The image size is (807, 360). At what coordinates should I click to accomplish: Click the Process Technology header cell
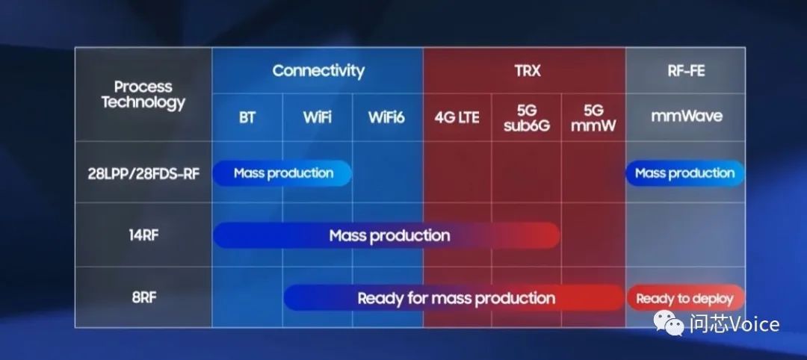pos(143,95)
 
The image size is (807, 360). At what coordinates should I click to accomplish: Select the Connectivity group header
pos(318,70)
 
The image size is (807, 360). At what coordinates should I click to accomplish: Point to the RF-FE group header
pos(685,70)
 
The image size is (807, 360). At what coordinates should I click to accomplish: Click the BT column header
pos(247,117)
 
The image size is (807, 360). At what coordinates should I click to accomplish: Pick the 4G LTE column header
pos(457,117)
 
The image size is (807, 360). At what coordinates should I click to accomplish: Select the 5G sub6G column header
pos(526,117)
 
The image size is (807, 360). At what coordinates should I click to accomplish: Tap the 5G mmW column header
pos(593,117)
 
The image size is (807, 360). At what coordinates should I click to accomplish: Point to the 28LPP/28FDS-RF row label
pos(143,173)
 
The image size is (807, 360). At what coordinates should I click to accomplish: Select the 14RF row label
pos(143,235)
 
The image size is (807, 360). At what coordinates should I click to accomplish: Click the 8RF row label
pos(143,297)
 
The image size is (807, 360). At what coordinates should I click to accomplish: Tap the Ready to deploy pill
pos(685,298)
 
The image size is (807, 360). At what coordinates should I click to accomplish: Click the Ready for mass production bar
pos(454,298)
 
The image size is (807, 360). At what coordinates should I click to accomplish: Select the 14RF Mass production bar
pos(386,235)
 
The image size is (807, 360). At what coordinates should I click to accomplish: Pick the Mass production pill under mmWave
pos(685,173)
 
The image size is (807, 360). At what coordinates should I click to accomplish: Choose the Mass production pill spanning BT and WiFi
pos(282,173)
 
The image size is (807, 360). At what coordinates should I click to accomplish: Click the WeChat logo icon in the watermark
pos(669,323)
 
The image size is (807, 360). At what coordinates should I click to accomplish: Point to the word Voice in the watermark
pos(754,324)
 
